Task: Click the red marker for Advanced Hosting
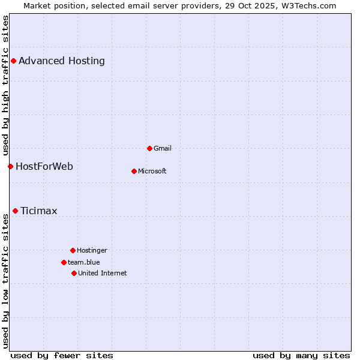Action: [x=13, y=61]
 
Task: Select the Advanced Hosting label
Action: [x=62, y=61]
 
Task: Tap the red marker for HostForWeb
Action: [x=10, y=166]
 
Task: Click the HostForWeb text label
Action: [x=44, y=166]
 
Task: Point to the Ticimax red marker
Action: [x=15, y=211]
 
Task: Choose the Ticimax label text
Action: [x=39, y=211]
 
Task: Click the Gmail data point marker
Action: [x=149, y=148]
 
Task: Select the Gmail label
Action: [x=163, y=148]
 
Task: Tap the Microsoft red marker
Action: [x=134, y=171]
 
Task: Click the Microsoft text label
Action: [x=152, y=171]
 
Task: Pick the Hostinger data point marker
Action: [x=73, y=250]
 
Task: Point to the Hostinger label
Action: [x=92, y=250]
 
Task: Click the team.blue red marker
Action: [x=64, y=262]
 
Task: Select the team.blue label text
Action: [x=84, y=262]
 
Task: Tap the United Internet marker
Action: [x=74, y=273]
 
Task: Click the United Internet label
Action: [x=103, y=273]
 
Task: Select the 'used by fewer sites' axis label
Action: [x=62, y=355]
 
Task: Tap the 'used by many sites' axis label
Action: [x=301, y=355]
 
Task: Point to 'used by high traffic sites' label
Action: [x=5, y=85]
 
